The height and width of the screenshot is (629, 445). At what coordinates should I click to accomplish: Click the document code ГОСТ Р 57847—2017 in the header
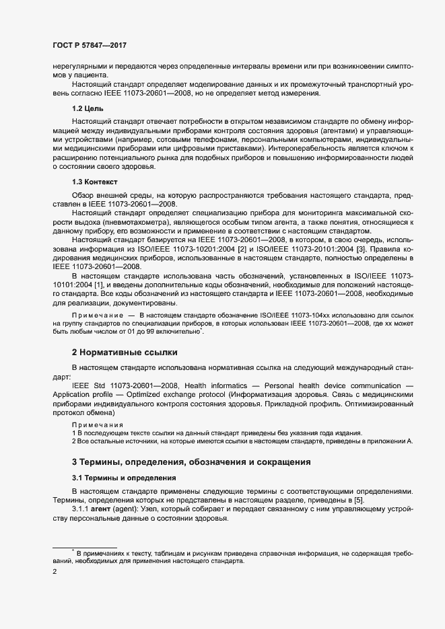(x=90, y=45)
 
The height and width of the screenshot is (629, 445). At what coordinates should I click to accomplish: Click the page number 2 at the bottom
(x=55, y=572)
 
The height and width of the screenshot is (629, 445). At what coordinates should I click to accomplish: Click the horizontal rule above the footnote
(x=85, y=547)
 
